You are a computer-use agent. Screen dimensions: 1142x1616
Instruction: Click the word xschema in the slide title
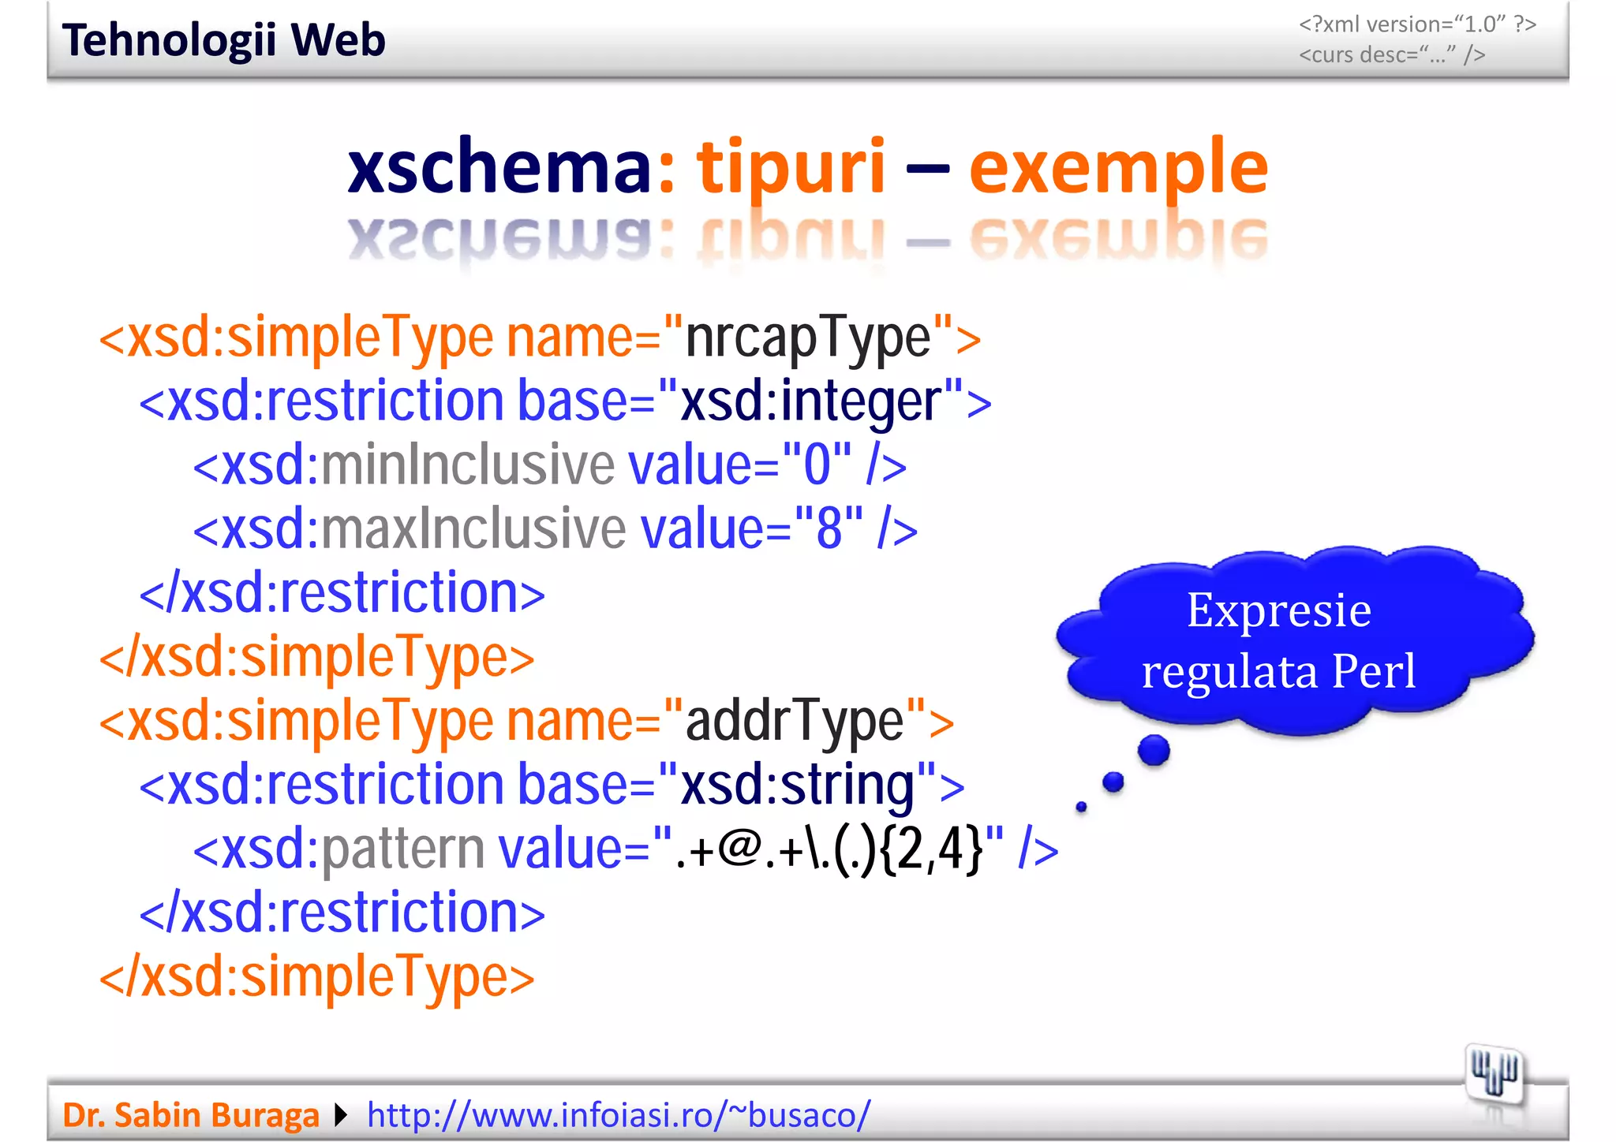[499, 167]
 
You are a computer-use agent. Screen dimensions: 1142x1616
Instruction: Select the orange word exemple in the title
[1118, 167]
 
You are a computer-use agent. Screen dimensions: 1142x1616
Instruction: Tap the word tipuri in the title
[790, 167]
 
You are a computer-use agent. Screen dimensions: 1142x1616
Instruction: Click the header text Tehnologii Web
[224, 40]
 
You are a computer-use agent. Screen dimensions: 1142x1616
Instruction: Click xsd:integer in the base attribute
[811, 401]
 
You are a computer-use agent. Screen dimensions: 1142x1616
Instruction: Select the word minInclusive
[466, 465]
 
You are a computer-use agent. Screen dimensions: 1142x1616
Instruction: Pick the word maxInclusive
[473, 529]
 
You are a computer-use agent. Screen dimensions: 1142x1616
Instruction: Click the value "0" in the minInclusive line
[817, 465]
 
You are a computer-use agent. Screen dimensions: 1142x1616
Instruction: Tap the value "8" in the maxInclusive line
[829, 529]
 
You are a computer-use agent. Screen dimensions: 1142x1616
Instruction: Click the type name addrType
[794, 721]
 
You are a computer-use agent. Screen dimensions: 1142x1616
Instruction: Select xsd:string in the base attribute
[798, 785]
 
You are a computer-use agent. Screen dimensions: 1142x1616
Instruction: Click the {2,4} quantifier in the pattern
[930, 849]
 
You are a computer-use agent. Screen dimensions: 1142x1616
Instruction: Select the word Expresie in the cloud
[1278, 610]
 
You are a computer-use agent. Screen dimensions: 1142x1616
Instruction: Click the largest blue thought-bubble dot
[1154, 749]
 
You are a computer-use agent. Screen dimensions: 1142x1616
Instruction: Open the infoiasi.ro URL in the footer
[619, 1115]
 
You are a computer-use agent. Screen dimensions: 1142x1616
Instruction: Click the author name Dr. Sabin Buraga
[191, 1115]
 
